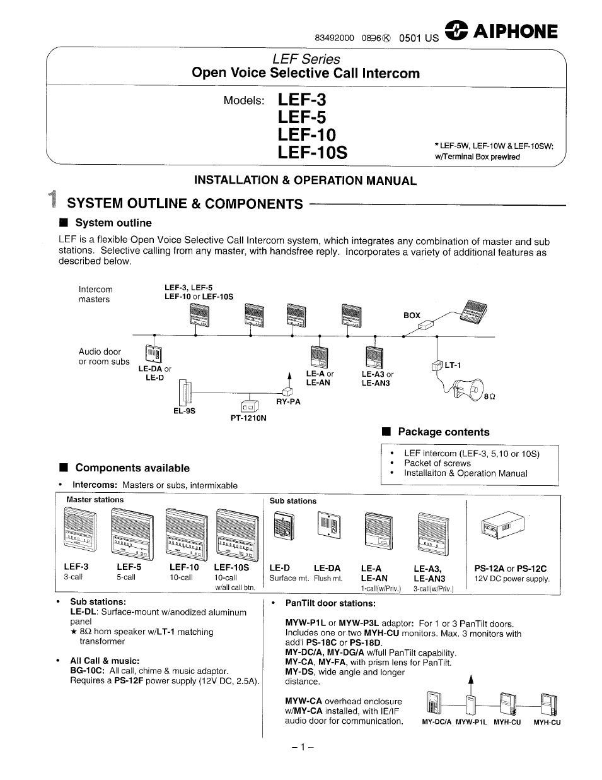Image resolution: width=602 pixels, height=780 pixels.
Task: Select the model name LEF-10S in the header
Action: pos(312,153)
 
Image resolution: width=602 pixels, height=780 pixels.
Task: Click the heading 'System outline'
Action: pos(113,223)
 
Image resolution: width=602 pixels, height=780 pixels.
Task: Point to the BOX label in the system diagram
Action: pos(412,315)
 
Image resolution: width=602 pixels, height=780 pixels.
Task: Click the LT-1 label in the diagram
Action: pos(453,365)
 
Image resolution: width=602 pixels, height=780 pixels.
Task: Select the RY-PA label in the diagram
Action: pos(288,401)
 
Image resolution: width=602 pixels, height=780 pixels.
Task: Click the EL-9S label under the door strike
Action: pos(185,411)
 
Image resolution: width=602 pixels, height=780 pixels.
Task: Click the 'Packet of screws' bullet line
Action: pos(437,463)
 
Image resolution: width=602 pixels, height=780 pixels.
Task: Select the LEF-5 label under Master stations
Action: pos(129,567)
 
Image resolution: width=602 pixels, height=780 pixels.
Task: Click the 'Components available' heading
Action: pos(132,468)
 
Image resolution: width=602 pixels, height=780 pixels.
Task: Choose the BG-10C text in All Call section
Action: pos(88,671)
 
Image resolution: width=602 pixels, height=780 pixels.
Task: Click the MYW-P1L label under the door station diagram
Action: pos(471,723)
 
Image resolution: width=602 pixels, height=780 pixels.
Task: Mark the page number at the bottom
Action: pos(303,748)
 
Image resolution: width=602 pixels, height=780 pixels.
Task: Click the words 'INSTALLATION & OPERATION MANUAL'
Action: pos(305,180)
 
